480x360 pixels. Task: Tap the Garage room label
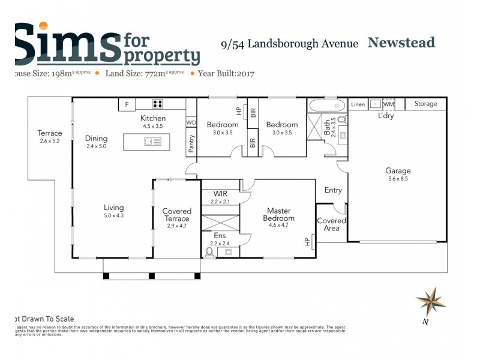[398, 171]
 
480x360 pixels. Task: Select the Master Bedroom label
[279, 214]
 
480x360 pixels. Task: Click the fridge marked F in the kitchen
[127, 104]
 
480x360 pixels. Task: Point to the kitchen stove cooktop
[158, 104]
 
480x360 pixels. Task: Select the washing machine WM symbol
[389, 104]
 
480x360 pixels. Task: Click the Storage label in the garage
[425, 104]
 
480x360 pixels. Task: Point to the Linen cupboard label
[358, 104]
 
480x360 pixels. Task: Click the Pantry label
[191, 144]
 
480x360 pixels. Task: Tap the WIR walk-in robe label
[220, 194]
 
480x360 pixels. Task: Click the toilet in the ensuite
[209, 252]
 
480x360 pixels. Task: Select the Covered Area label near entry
[331, 224]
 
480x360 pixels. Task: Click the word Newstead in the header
[401, 43]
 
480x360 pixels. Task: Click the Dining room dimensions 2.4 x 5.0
[96, 146]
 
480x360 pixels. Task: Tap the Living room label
[113, 208]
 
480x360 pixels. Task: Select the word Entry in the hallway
[333, 190]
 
